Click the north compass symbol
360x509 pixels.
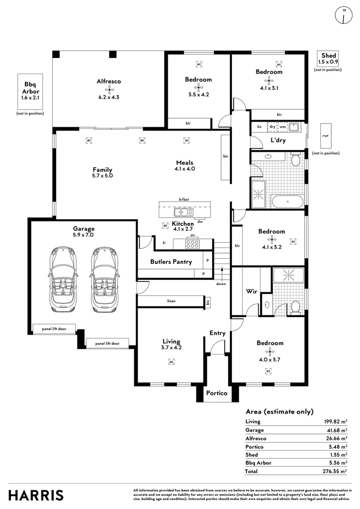[x=344, y=15]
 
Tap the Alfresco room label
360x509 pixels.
[x=109, y=82]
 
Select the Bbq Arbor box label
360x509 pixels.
[x=31, y=88]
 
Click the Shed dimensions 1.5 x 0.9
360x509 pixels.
[x=328, y=62]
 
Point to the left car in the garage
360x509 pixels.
[x=63, y=279]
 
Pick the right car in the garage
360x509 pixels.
[x=104, y=279]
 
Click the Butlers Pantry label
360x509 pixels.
[x=171, y=262]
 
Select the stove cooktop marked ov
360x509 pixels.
[x=192, y=244]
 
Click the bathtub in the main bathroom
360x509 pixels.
[x=287, y=202]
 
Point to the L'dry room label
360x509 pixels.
[x=278, y=140]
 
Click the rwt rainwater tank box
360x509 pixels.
[x=326, y=136]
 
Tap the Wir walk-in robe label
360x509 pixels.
[x=252, y=291]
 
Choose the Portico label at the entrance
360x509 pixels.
[x=217, y=393]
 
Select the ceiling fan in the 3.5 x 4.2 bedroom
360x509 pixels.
[x=198, y=87]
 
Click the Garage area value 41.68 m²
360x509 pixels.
[x=335, y=430]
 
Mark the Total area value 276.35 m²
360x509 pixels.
[x=335, y=471]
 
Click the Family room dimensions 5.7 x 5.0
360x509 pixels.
[x=102, y=176]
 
